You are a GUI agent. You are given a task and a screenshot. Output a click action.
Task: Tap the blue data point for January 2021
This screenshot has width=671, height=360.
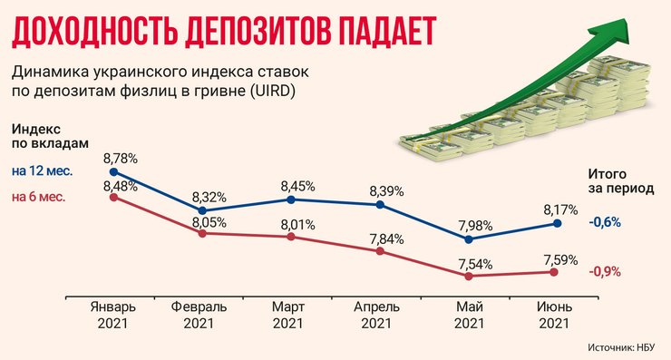point(112,170)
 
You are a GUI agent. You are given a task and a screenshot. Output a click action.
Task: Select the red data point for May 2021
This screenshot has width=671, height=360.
point(469,275)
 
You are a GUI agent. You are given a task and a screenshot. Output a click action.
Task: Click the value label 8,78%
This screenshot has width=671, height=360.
point(121,158)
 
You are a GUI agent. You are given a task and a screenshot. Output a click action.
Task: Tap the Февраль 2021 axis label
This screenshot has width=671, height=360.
point(199,315)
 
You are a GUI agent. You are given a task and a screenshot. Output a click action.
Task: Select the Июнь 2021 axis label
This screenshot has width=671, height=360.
point(555,315)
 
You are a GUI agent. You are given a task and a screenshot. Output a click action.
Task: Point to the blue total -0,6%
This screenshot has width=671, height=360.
point(605,222)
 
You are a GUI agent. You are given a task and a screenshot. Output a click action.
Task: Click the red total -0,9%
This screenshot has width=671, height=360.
point(605,271)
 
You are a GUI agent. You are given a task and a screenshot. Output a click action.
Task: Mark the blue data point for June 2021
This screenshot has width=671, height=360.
point(558,223)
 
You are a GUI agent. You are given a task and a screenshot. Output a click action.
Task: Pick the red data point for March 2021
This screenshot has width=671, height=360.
point(290,237)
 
